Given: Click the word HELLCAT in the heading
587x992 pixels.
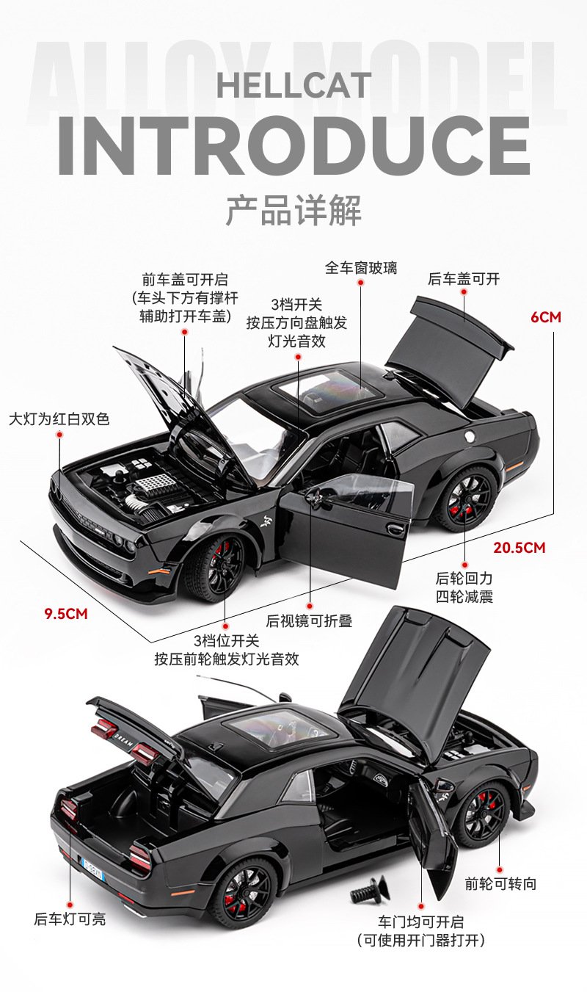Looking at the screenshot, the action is (x=293, y=86).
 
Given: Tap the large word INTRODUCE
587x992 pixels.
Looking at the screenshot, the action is (x=293, y=145).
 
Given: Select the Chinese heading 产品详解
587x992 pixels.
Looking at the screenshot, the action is (x=293, y=210).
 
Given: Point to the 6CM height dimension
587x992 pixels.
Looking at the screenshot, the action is (x=545, y=317).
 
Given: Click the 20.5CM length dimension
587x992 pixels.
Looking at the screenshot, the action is (x=519, y=547).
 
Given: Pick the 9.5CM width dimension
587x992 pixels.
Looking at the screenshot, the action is (x=66, y=614).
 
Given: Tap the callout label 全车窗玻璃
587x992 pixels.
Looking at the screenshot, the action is (x=361, y=268).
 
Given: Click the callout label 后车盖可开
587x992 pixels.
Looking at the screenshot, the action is (x=464, y=279).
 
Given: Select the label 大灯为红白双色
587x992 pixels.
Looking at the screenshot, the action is (x=59, y=419).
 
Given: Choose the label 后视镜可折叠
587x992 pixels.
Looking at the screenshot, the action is (x=309, y=621).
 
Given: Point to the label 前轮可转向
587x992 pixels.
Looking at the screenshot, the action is (x=500, y=883).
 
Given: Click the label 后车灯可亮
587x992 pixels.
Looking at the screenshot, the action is (x=70, y=919).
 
